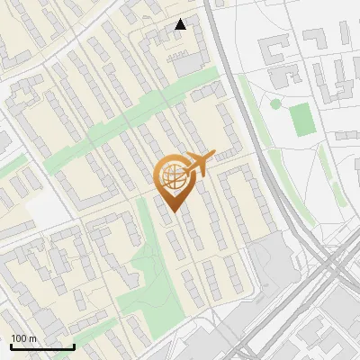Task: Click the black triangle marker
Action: click(x=181, y=24)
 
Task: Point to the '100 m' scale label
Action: click(x=24, y=338)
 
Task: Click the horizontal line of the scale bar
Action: click(x=42, y=347)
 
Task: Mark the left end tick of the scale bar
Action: click(x=11, y=346)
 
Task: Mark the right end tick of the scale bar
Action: click(x=74, y=346)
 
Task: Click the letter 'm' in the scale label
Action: click(x=33, y=338)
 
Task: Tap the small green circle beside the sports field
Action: click(x=275, y=104)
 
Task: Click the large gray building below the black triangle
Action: click(x=189, y=64)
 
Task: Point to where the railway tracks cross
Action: click(x=328, y=261)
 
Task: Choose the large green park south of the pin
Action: click(x=144, y=270)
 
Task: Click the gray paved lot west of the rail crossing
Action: click(x=270, y=261)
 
